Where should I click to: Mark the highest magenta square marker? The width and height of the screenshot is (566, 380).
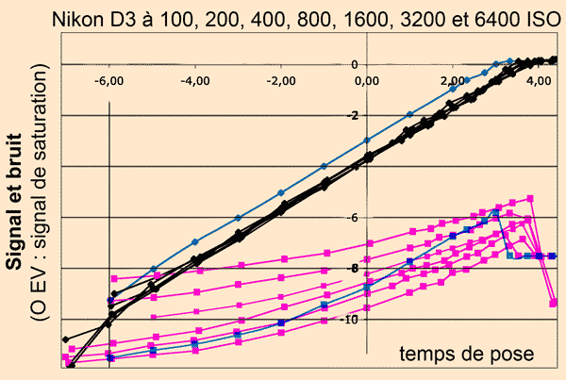coord(531,198)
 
